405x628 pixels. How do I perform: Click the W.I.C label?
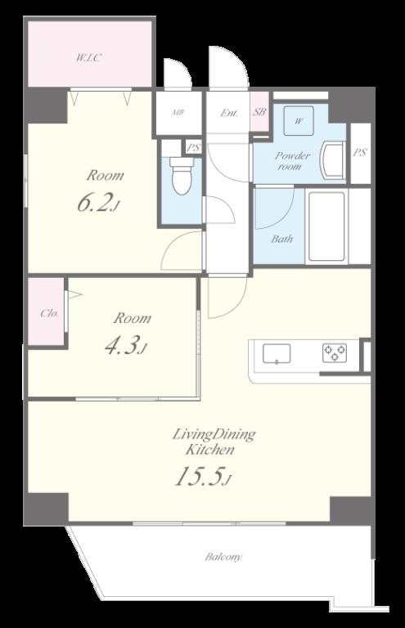click(88, 58)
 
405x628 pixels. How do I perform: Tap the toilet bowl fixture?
click(182, 176)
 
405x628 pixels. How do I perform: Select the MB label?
click(178, 113)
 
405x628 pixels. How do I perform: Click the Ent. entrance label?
click(229, 113)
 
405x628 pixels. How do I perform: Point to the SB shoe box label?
click(259, 112)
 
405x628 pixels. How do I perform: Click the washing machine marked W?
click(299, 120)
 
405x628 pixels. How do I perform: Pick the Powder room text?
click(292, 160)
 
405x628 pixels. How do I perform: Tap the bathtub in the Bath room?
click(326, 227)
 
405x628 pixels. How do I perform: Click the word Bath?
click(281, 239)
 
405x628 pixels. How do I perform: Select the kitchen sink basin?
click(277, 353)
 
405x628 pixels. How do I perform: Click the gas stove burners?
click(335, 353)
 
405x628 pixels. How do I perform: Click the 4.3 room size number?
click(122, 345)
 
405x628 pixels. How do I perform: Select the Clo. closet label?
click(50, 313)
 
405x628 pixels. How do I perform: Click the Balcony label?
click(223, 557)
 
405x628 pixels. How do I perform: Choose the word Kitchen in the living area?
click(209, 450)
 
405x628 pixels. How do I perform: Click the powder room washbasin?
click(334, 161)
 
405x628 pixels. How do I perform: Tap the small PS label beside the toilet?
click(193, 148)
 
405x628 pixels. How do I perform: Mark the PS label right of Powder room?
click(360, 152)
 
